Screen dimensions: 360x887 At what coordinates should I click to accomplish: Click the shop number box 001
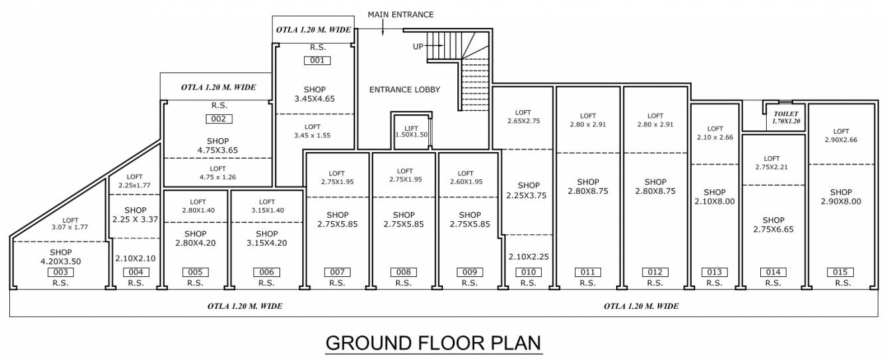click(317, 60)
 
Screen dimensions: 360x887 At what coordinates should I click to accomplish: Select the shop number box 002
click(219, 119)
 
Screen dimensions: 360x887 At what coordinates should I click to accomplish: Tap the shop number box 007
click(337, 272)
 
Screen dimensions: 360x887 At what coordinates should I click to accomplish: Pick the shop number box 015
click(841, 272)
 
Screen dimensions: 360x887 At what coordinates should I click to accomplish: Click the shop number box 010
click(528, 272)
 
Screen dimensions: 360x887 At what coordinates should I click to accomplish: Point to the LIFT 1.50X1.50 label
click(411, 131)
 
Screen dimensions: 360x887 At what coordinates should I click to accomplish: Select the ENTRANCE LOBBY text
click(404, 90)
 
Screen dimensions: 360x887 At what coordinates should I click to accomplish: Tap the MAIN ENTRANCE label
click(401, 14)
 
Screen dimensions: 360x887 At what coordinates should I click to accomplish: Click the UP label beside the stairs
click(418, 46)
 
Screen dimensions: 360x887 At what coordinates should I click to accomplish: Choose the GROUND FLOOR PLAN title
click(434, 343)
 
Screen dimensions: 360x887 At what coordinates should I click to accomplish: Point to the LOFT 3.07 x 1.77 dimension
click(70, 225)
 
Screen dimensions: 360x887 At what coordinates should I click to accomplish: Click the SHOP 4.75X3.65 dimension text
click(218, 146)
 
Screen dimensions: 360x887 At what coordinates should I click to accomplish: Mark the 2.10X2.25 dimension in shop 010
click(528, 257)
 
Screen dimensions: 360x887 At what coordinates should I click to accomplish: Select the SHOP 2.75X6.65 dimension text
click(773, 225)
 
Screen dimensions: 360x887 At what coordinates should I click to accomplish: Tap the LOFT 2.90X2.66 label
click(841, 135)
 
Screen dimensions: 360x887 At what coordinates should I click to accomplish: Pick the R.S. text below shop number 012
click(655, 283)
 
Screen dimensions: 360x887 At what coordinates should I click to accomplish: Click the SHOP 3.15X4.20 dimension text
click(267, 238)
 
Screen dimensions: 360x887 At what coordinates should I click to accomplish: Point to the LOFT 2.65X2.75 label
click(523, 117)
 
